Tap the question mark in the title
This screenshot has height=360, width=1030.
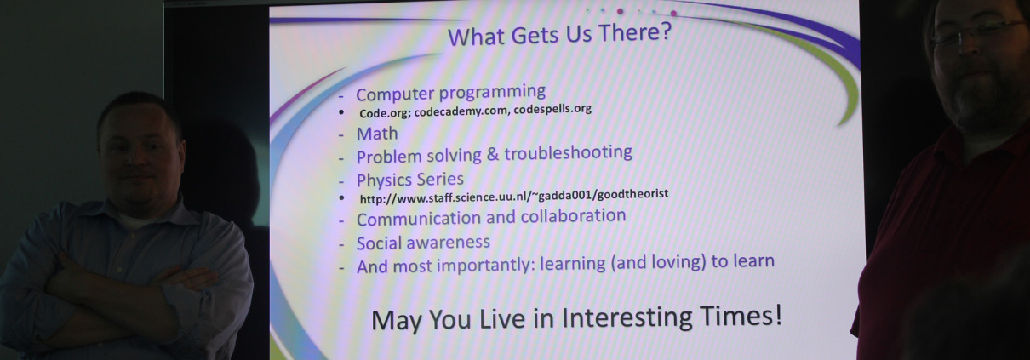(666, 31)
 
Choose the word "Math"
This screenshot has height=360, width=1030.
(377, 134)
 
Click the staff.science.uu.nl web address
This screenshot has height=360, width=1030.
(514, 196)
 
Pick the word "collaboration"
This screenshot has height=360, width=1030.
(573, 215)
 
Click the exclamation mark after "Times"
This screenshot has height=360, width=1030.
(777, 315)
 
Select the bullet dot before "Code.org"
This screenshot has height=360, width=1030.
(340, 112)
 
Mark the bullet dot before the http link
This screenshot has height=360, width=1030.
(341, 198)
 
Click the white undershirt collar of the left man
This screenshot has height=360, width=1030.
(138, 221)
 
